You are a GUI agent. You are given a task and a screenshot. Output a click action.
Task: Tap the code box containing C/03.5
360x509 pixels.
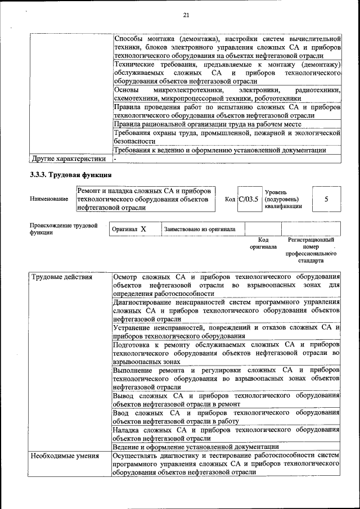(249, 199)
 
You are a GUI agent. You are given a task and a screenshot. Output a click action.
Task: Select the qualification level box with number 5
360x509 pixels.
(327, 199)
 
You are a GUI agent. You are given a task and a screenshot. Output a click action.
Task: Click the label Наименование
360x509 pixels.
(49, 199)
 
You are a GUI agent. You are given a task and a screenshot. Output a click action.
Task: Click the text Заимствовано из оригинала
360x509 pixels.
(200, 229)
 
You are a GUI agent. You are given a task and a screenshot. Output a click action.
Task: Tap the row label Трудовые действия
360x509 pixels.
(57, 278)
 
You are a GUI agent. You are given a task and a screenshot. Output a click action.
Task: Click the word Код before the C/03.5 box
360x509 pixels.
(229, 199)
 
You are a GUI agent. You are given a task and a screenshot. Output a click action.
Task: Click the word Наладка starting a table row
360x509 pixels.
(128, 430)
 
